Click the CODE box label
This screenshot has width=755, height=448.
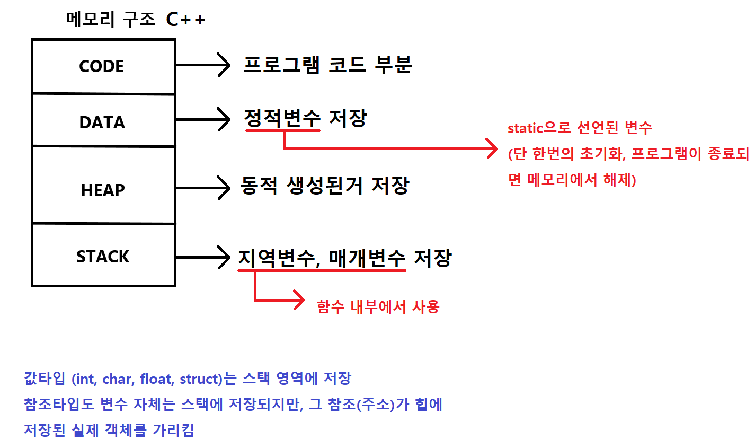(101, 66)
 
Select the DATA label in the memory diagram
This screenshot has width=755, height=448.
(102, 122)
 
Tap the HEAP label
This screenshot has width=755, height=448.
(103, 190)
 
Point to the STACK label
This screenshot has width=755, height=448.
(103, 257)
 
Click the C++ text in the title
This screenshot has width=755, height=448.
(185, 20)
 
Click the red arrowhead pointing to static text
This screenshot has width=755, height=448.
(492, 148)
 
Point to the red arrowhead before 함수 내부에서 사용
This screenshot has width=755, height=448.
(299, 301)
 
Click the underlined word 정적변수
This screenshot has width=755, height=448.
(282, 118)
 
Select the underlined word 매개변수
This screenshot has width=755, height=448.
(367, 258)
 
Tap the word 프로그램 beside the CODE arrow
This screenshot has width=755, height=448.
(281, 65)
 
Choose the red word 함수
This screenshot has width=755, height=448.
(331, 306)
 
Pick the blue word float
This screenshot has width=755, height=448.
(156, 379)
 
